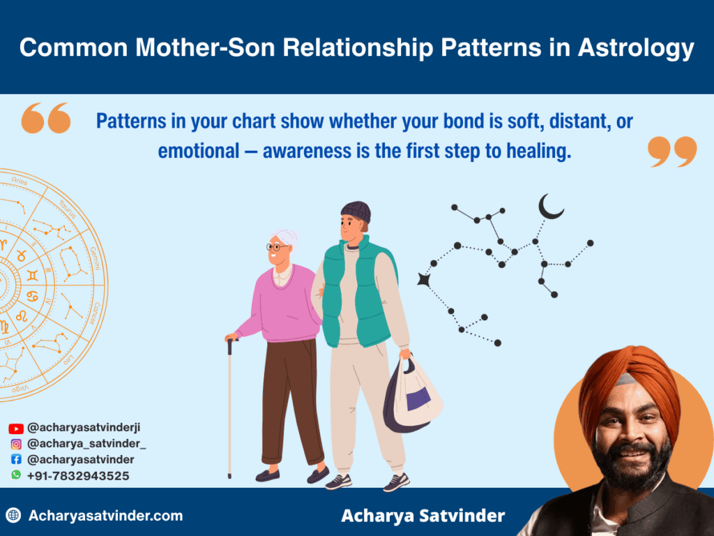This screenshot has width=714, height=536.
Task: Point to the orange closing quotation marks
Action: pos(671,151)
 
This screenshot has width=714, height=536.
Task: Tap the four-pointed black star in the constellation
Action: pos(423,280)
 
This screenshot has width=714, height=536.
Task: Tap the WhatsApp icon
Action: pos(16,475)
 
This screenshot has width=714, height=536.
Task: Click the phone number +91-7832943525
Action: pos(78,476)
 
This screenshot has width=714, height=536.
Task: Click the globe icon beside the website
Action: pos(13,516)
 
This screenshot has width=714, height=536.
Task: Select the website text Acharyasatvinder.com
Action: pos(105,516)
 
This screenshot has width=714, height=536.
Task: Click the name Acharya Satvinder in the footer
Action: pos(423,516)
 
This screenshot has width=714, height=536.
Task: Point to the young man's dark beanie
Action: pos(356,211)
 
